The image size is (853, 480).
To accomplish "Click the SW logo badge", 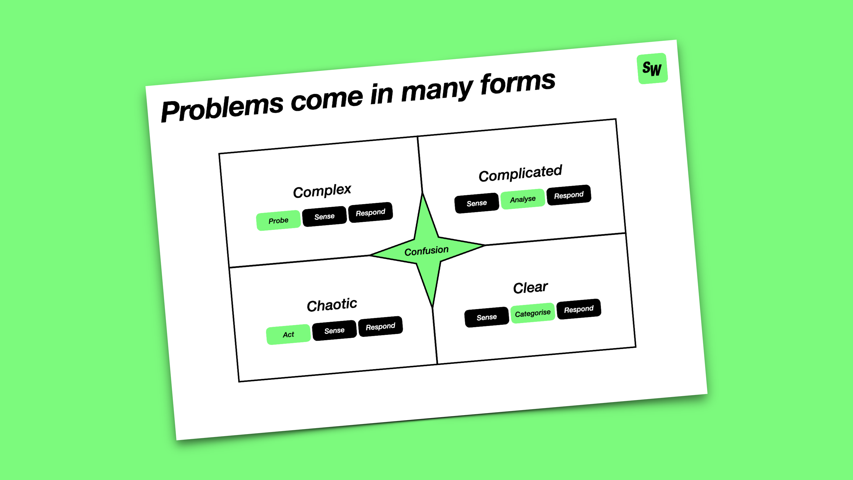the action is (x=652, y=68).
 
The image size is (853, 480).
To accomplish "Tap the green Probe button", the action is (x=278, y=220).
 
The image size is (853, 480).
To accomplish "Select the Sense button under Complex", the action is (x=325, y=216).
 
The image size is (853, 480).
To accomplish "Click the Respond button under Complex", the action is (x=371, y=212).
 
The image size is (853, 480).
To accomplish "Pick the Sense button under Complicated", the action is (x=477, y=203).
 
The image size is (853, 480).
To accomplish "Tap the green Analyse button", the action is (x=523, y=199).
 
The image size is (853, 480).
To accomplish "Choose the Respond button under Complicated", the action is (x=569, y=195).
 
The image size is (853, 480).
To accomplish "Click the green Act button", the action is (x=288, y=335).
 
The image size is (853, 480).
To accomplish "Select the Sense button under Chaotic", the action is (x=334, y=331).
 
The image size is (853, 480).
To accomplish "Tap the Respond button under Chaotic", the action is (x=381, y=327).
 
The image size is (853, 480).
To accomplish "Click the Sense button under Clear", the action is (x=487, y=317).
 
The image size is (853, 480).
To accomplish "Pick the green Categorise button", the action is (x=533, y=313).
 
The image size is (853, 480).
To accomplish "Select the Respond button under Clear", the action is (x=579, y=309).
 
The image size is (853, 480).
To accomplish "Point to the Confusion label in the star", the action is (x=426, y=251).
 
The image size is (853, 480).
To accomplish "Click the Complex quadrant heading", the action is (x=322, y=191).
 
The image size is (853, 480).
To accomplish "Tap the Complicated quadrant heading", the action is (x=520, y=173).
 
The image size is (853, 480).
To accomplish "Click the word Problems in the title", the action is (x=222, y=108).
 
